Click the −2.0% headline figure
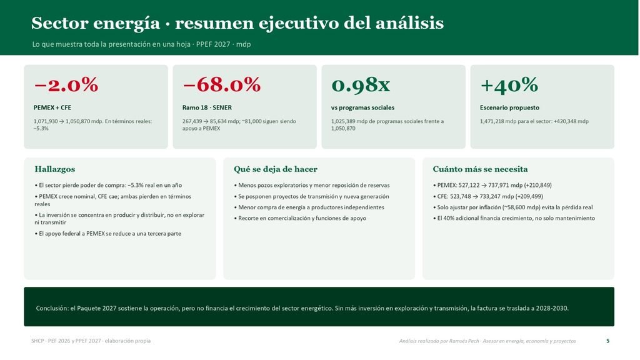click(x=66, y=85)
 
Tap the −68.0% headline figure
click(x=222, y=85)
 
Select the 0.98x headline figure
click(x=361, y=85)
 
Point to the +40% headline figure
click(x=509, y=85)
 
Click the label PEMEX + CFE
click(x=52, y=107)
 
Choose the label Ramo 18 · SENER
click(x=207, y=107)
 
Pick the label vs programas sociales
click(x=362, y=107)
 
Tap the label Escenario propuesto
click(x=509, y=107)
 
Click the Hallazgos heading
click(x=55, y=169)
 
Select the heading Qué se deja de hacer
click(x=276, y=169)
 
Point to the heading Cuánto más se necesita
click(x=480, y=169)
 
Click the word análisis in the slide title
click(x=409, y=23)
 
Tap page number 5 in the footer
click(x=607, y=341)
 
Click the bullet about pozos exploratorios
click(x=312, y=185)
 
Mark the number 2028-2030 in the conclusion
click(x=554, y=308)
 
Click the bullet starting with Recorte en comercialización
click(x=300, y=218)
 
